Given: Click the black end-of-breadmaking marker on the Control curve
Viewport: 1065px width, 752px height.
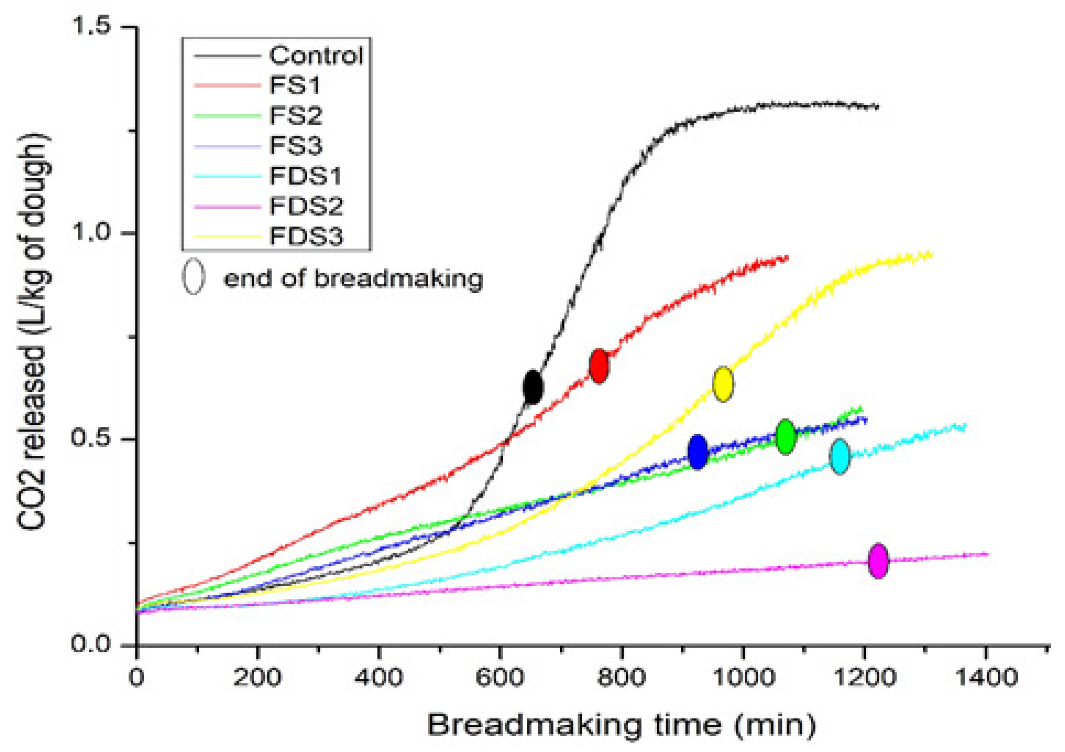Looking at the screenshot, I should [532, 387].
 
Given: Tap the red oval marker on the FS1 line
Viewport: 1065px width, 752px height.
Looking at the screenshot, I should [599, 366].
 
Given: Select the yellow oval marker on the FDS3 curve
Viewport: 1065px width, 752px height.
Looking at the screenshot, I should [723, 383].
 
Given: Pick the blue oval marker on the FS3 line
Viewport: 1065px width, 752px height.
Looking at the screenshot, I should [698, 452].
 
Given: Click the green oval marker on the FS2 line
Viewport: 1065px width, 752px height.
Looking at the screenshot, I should [785, 436].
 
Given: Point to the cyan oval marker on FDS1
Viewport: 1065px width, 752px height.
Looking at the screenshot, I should [839, 457].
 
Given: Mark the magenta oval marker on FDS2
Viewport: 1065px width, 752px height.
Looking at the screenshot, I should [878, 561].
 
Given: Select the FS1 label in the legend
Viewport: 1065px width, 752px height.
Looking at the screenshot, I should [295, 85].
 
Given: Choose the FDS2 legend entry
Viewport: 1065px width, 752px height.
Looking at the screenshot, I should [306, 206].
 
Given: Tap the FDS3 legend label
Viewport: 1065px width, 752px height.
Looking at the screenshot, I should [306, 236].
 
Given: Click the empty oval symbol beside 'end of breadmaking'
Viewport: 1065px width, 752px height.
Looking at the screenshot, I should [193, 276].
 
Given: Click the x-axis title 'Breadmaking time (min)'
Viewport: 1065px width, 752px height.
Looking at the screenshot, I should [621, 726].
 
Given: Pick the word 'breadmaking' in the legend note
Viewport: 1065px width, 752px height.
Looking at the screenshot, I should [399, 279].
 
